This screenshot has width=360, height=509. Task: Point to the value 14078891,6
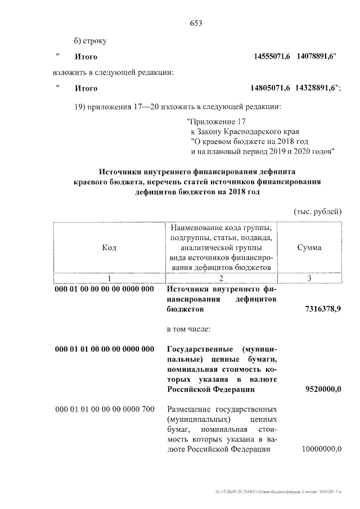coord(316,57)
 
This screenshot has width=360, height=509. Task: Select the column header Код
coord(109,247)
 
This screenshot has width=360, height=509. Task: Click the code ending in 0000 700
coord(105,409)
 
